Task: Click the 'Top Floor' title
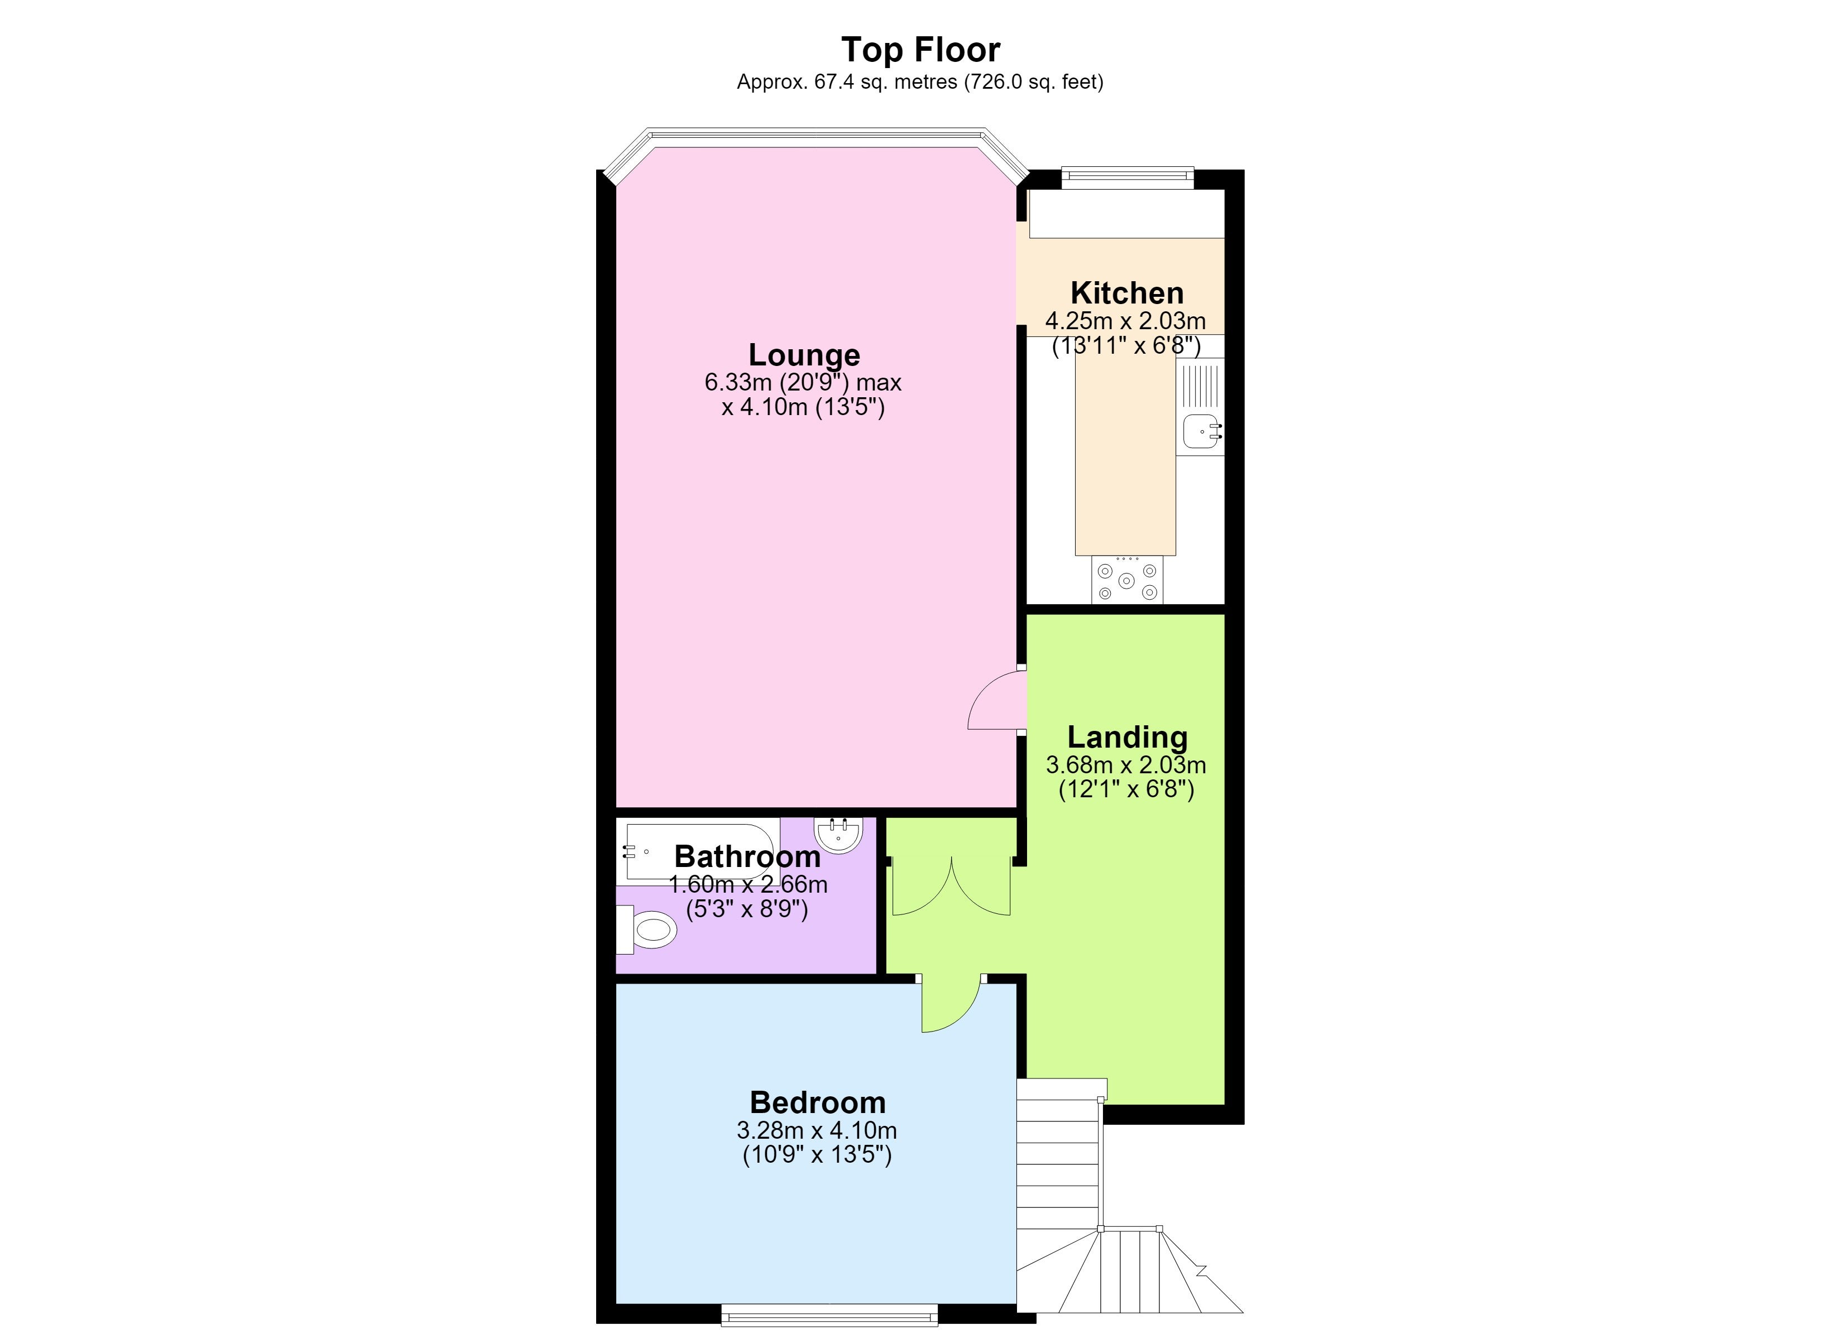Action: (x=920, y=50)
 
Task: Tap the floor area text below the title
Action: (x=920, y=82)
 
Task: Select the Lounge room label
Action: (x=804, y=355)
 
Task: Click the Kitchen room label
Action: (x=1126, y=292)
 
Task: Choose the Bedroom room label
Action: (x=818, y=1102)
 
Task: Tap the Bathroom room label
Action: (x=747, y=856)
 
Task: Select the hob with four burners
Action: (x=1128, y=580)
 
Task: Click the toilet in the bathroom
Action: (x=646, y=929)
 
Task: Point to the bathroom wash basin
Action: (x=837, y=835)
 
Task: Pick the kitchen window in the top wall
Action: (x=1128, y=178)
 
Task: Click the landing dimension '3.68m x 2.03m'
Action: (x=1126, y=765)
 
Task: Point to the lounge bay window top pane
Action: (x=816, y=137)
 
